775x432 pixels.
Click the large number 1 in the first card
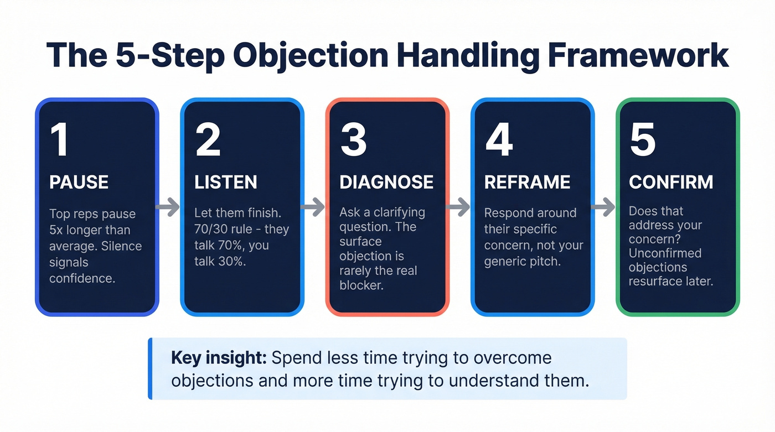tap(59, 140)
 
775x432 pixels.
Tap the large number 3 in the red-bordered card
tap(353, 140)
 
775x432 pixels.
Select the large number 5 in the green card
tap(643, 140)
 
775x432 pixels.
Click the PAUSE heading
tap(79, 183)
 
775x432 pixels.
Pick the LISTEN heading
tap(225, 183)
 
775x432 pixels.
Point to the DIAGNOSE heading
tap(386, 183)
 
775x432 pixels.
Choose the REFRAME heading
tap(527, 183)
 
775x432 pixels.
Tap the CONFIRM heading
tap(671, 183)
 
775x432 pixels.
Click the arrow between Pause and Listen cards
tap(168, 207)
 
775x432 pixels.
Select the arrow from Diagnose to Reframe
tap(458, 207)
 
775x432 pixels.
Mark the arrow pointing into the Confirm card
tap(603, 207)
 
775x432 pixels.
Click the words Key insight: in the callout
tap(219, 357)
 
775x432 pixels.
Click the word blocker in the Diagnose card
tap(361, 285)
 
